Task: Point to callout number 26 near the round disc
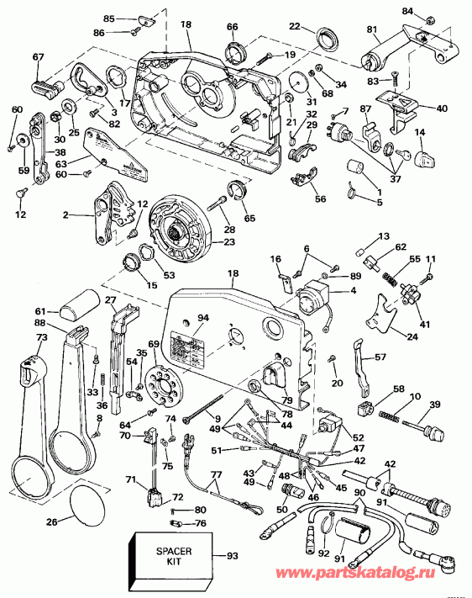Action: [51, 522]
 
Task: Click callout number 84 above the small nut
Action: [430, 10]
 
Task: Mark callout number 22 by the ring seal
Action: [294, 27]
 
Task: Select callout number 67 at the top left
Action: [38, 56]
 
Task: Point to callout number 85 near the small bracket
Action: [108, 19]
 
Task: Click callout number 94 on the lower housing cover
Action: [202, 318]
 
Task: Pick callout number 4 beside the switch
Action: [353, 290]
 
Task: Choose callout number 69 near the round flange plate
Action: [152, 345]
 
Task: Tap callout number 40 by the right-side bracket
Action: [442, 108]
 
